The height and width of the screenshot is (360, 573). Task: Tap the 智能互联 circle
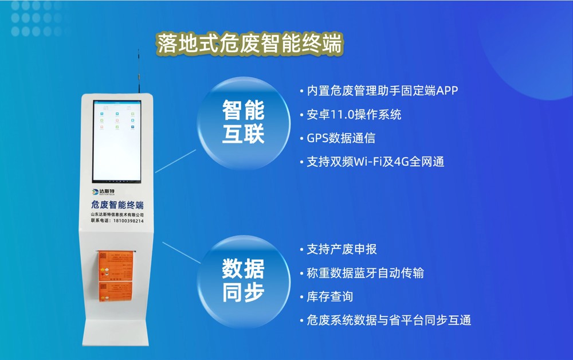tap(244, 122)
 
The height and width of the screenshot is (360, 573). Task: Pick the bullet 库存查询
tap(329, 296)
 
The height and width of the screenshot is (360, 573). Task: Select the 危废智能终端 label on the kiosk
tap(117, 205)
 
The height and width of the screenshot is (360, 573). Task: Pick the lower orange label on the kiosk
tap(116, 293)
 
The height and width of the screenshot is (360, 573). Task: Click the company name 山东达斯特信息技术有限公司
tap(117, 214)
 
